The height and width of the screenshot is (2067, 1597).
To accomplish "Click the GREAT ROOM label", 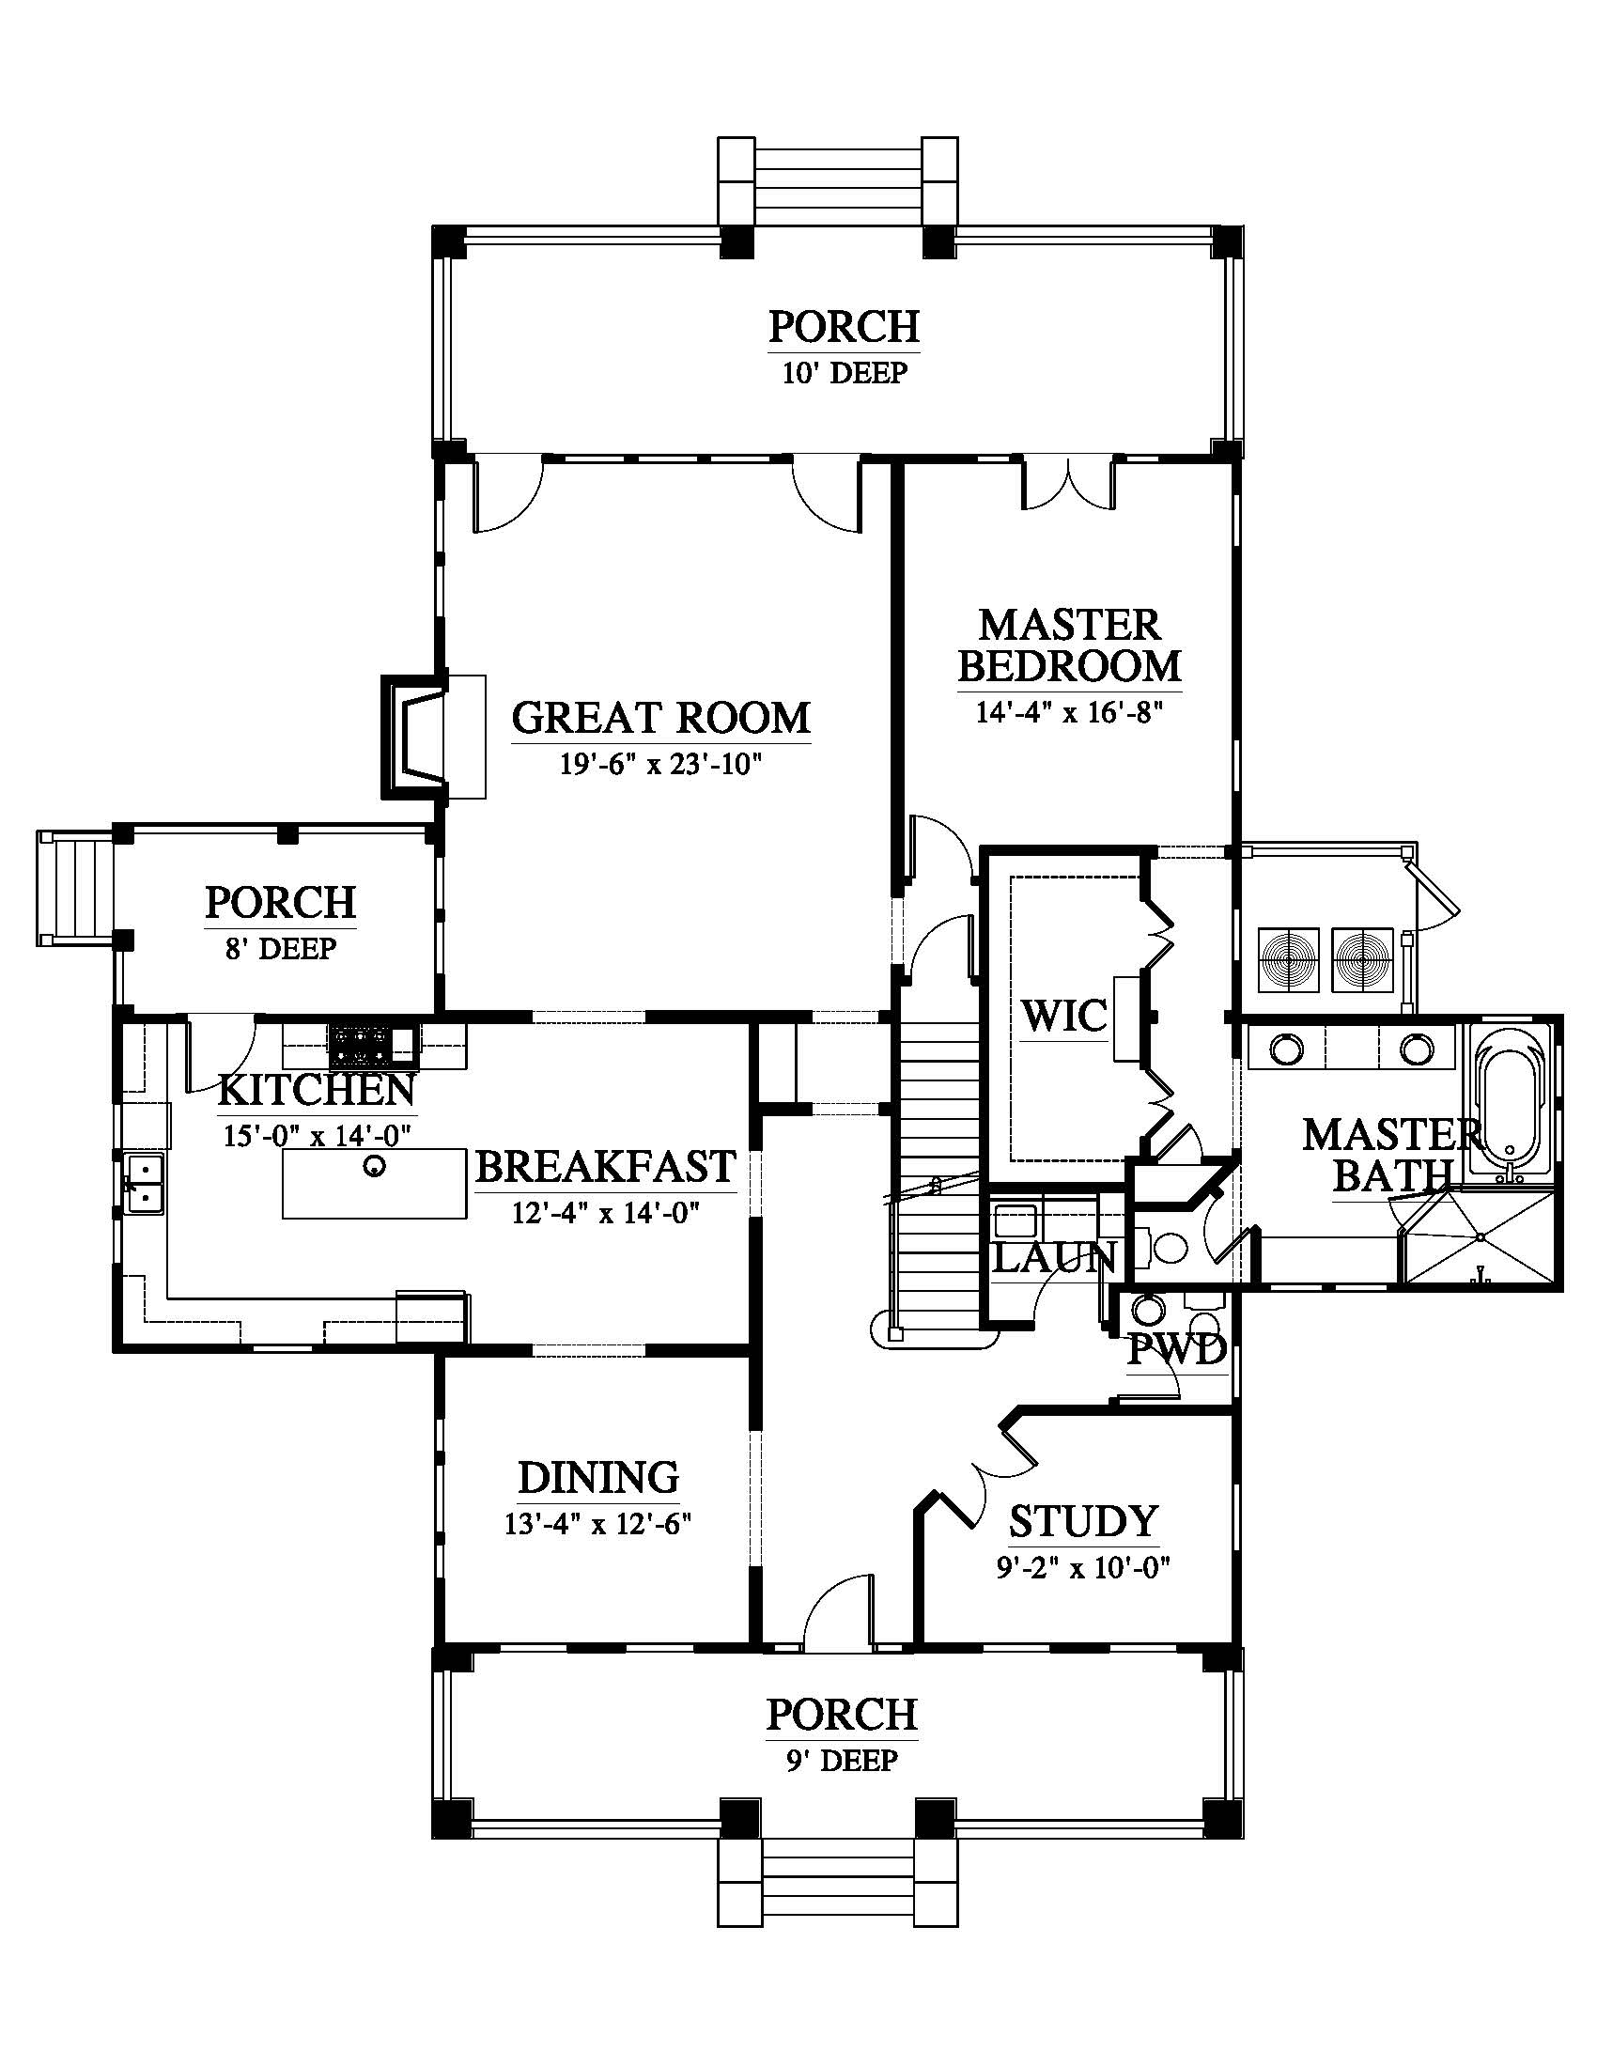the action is tap(660, 719).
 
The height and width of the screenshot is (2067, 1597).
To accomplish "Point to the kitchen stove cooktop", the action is tap(361, 1044).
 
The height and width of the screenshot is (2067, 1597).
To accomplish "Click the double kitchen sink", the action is tap(144, 1184).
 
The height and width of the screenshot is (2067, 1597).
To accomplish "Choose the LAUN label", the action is tap(1056, 1258).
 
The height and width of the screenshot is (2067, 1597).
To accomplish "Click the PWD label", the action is tap(1177, 1350).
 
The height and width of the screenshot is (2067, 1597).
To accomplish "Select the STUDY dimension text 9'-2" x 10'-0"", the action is tap(1083, 1568).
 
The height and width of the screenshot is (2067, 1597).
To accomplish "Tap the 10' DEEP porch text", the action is tap(844, 372).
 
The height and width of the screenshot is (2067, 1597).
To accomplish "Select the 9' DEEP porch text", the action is tap(841, 1760).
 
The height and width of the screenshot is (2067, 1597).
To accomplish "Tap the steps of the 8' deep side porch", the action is tap(75, 889).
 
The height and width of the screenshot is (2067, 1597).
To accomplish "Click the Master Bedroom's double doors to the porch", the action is tap(1068, 484).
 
